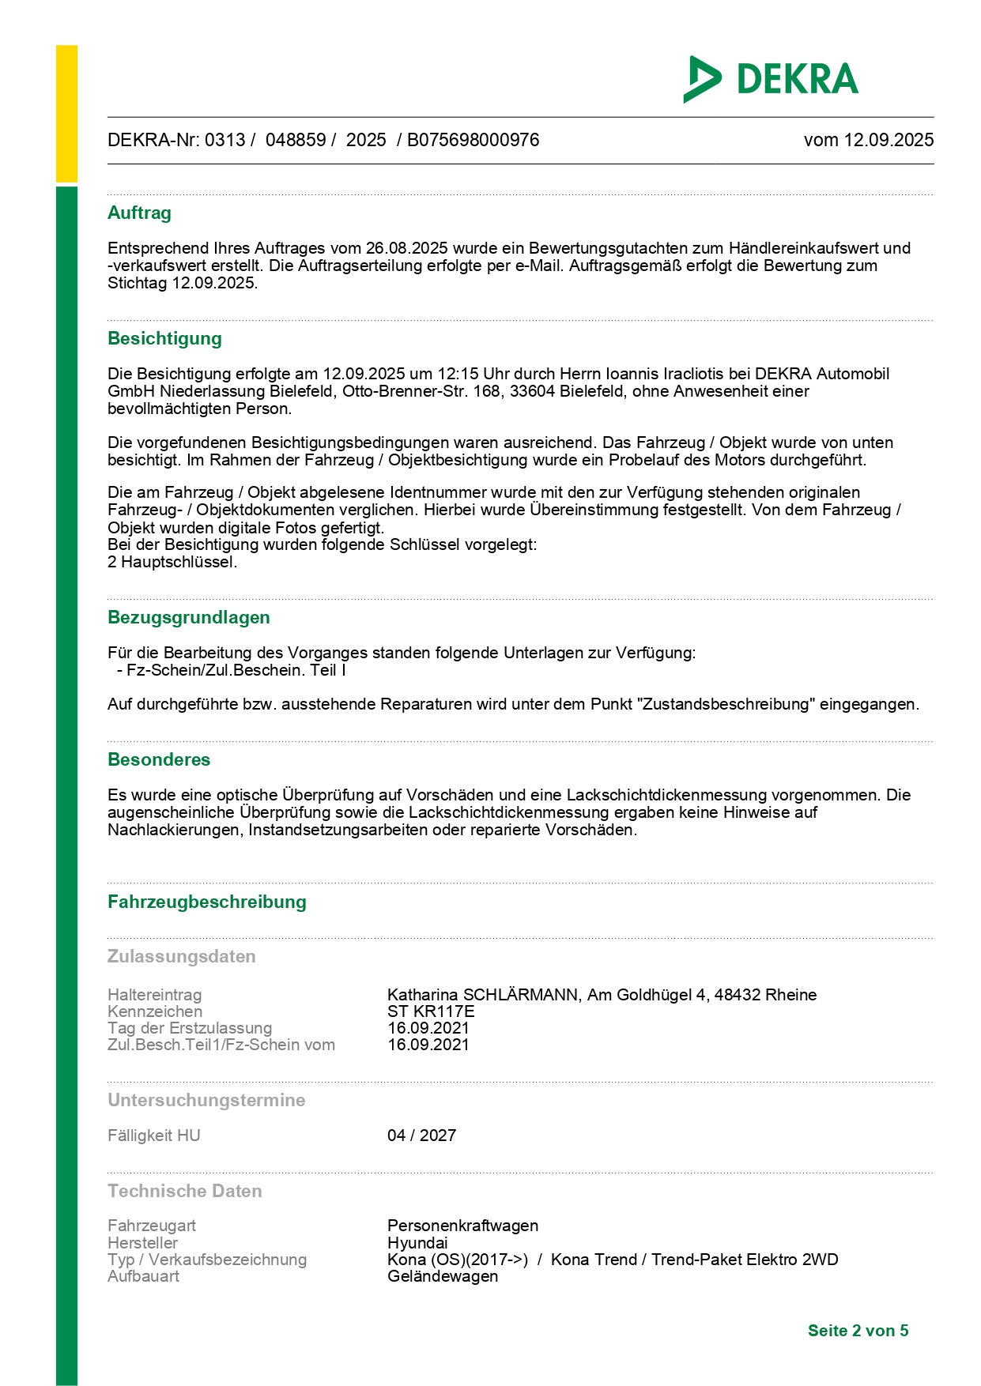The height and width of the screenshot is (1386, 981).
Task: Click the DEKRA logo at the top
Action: (771, 79)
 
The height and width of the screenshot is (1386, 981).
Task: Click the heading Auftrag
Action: (139, 213)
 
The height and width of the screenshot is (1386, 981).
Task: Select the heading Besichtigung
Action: (164, 338)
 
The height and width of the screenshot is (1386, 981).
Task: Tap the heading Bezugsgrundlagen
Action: (189, 617)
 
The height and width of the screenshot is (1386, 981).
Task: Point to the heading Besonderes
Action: (159, 759)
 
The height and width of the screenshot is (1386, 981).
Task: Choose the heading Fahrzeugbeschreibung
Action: (207, 902)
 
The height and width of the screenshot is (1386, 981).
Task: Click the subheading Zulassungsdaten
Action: (182, 956)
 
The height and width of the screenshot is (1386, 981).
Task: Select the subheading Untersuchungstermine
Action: (206, 1100)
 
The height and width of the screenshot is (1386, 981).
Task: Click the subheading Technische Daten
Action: (185, 1191)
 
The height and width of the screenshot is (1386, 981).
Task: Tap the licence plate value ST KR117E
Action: (431, 1011)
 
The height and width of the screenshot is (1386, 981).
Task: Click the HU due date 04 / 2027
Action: (421, 1136)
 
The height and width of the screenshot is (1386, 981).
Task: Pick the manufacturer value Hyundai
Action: (417, 1243)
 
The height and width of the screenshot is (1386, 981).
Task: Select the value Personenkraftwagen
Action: (462, 1226)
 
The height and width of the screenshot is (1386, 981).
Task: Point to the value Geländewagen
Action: (443, 1276)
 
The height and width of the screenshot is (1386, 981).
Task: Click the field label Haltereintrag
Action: (155, 995)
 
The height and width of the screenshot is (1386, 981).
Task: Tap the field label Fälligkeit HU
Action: (154, 1136)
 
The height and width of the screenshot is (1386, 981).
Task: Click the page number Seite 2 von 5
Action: (858, 1331)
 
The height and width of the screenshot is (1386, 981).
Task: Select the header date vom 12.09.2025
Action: (868, 140)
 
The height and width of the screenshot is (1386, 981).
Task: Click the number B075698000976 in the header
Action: (473, 140)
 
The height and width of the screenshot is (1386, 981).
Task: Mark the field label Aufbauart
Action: (144, 1276)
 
